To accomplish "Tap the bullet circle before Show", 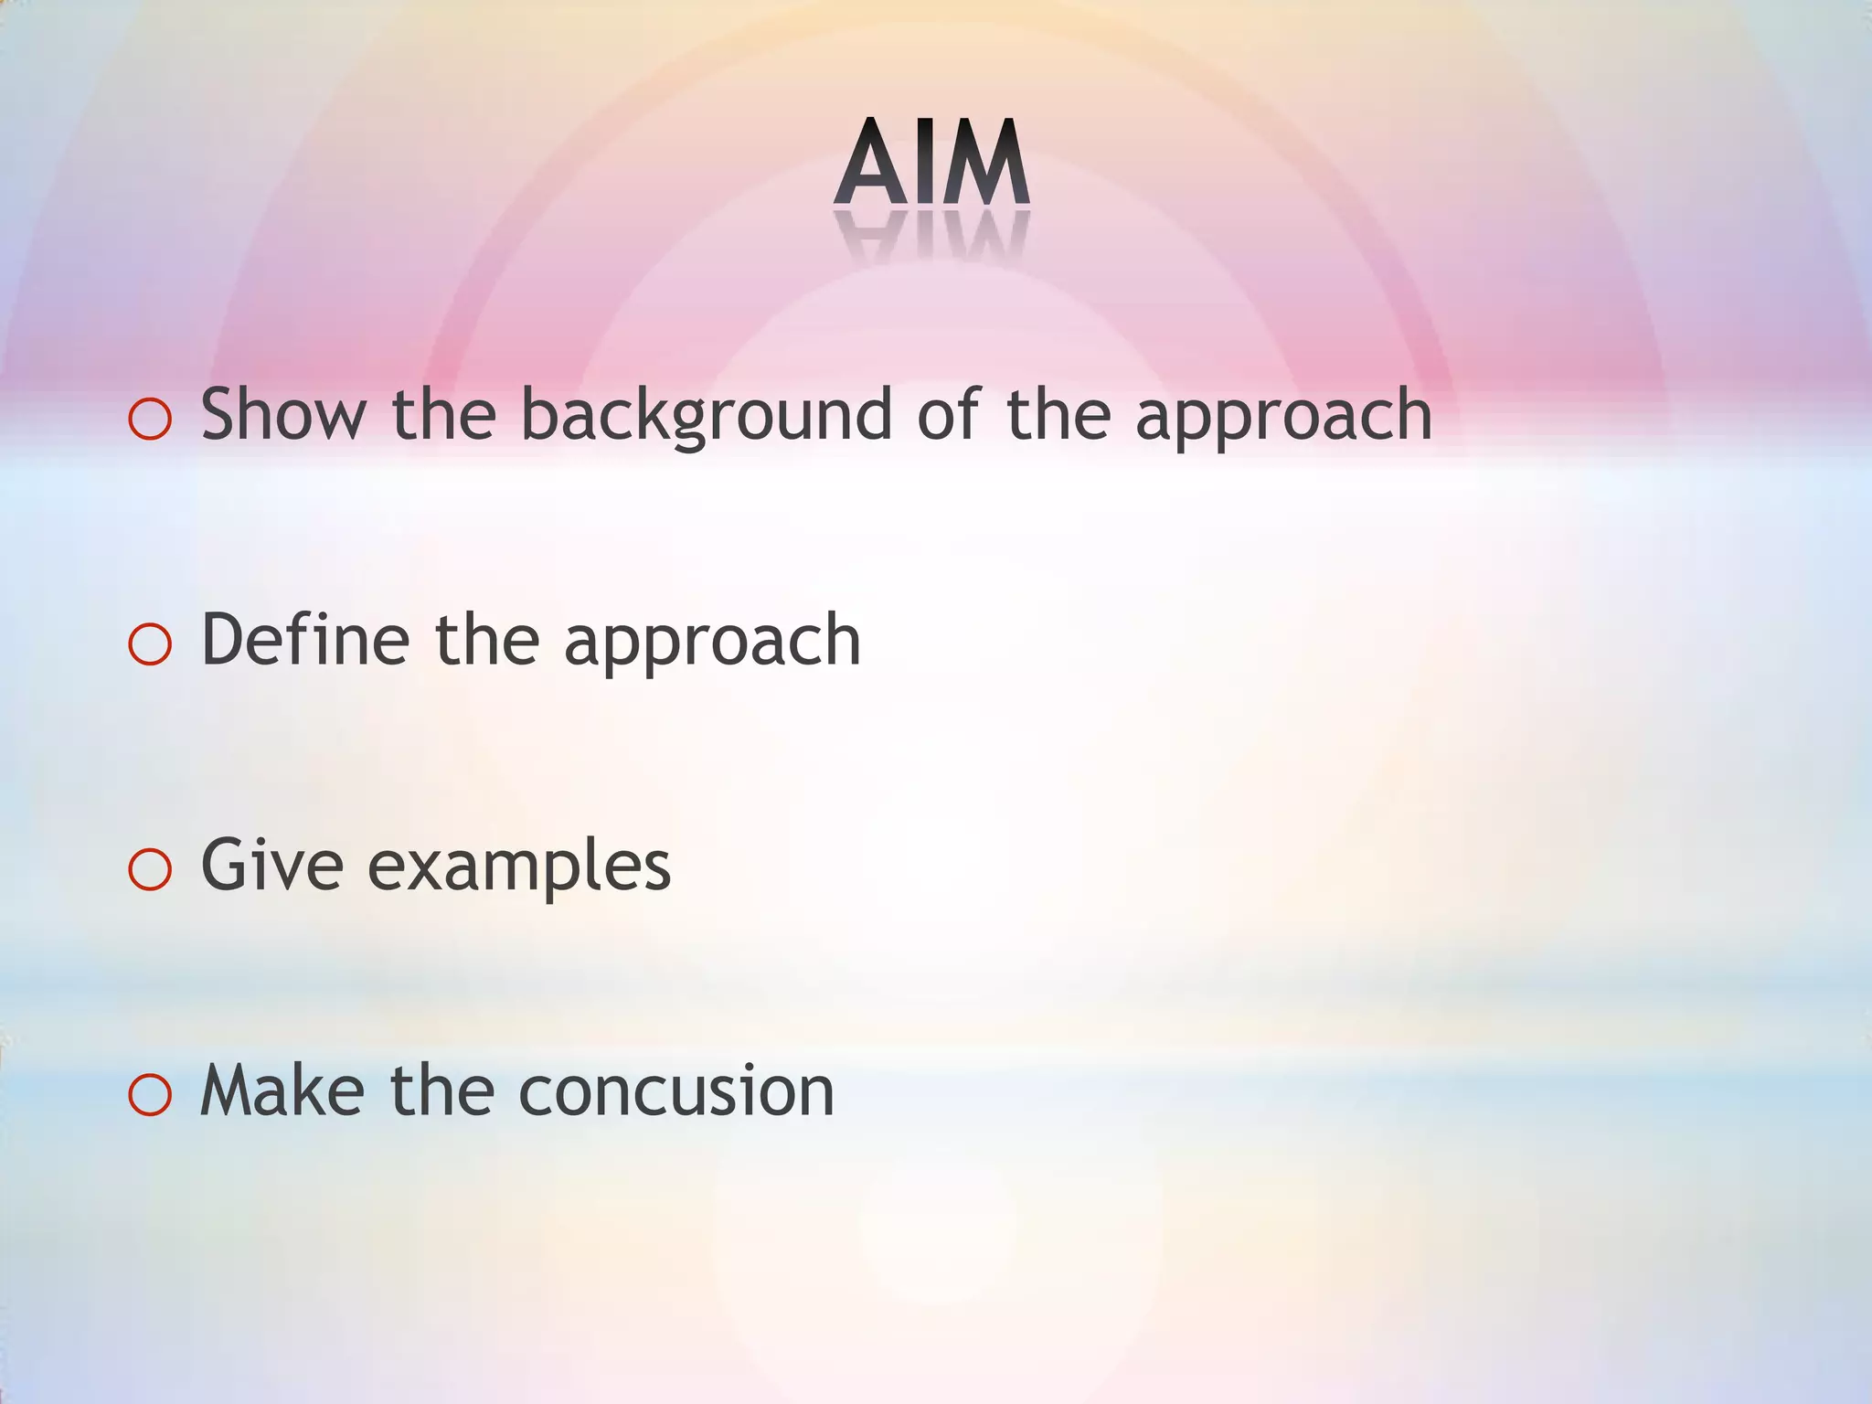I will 151,420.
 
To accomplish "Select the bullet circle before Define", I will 151,644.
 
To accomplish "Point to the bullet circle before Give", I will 151,869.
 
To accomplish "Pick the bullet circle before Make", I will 151,1095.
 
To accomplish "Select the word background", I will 706,416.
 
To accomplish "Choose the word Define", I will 305,639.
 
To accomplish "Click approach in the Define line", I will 712,642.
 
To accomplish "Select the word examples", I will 519,867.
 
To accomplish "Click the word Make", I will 282,1090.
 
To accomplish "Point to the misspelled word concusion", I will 676,1091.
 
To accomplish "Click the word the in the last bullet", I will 442,1090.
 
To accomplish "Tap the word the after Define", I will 486,639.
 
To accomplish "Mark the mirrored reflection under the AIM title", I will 931,236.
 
